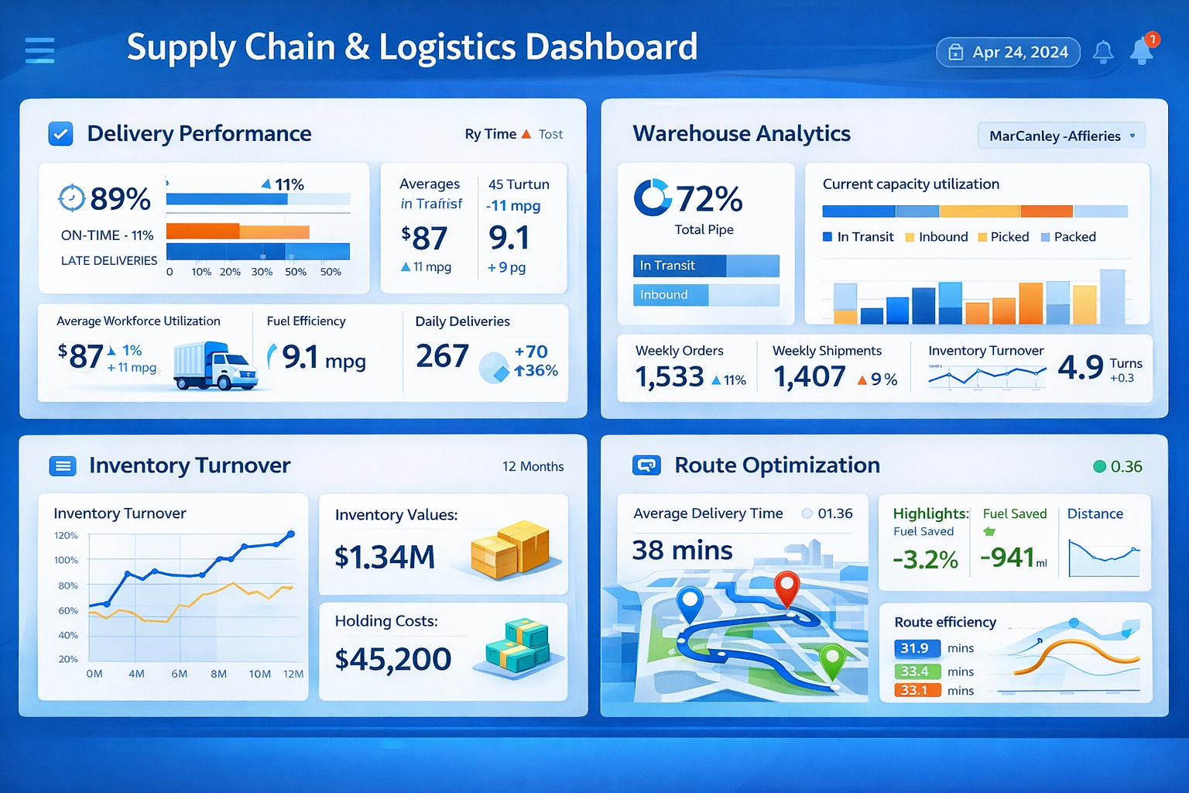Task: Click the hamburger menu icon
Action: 39,50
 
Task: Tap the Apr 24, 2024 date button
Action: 1008,52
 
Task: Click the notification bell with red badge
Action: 1143,50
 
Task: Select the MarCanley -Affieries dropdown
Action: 1061,136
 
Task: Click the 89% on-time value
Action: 120,199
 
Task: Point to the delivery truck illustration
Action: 214,366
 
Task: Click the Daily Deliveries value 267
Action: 442,356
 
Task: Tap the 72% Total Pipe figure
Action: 708,199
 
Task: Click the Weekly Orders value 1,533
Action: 670,377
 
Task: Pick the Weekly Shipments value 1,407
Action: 809,377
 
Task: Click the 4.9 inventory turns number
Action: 1080,367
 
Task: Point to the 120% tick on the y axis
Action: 67,536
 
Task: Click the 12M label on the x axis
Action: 293,674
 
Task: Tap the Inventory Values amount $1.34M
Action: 385,557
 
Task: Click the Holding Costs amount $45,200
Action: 392,659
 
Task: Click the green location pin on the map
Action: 831,661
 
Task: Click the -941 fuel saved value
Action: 1007,558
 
